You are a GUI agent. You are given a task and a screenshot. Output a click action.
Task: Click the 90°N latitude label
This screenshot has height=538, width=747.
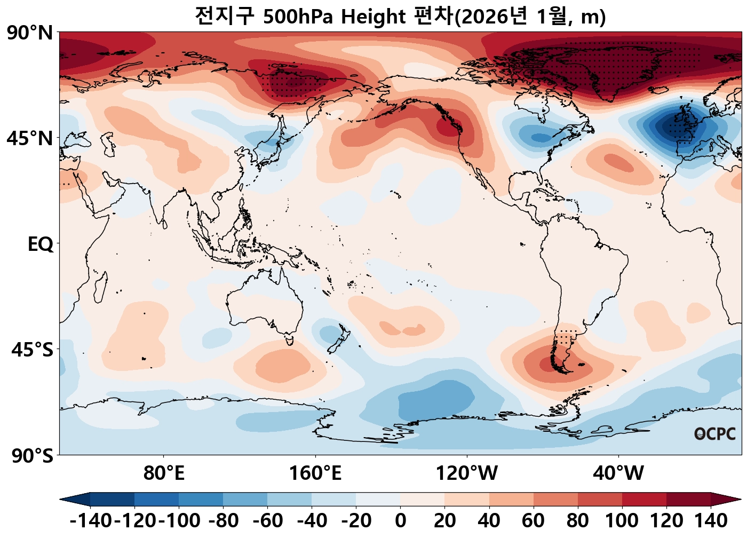pyautogui.click(x=30, y=33)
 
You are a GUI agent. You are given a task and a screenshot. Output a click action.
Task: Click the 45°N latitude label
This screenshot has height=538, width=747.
pyautogui.click(x=30, y=139)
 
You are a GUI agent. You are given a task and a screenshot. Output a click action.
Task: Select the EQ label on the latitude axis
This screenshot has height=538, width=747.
pyautogui.click(x=41, y=244)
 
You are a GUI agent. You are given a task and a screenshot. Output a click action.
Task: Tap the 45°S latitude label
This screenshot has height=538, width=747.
pyautogui.click(x=32, y=350)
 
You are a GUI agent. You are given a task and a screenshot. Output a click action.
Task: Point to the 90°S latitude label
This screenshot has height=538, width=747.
pyautogui.click(x=32, y=456)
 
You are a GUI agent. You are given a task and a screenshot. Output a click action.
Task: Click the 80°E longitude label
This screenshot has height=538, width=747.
pyautogui.click(x=164, y=473)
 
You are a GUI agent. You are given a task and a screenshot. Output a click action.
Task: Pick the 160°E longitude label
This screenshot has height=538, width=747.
pyautogui.click(x=315, y=473)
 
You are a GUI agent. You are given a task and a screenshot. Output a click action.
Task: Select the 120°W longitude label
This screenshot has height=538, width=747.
pyautogui.click(x=467, y=473)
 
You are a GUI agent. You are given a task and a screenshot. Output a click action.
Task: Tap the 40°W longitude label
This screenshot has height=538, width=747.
pyautogui.click(x=618, y=473)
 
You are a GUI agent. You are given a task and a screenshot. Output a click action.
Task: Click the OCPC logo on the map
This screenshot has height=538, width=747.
pyautogui.click(x=715, y=434)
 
